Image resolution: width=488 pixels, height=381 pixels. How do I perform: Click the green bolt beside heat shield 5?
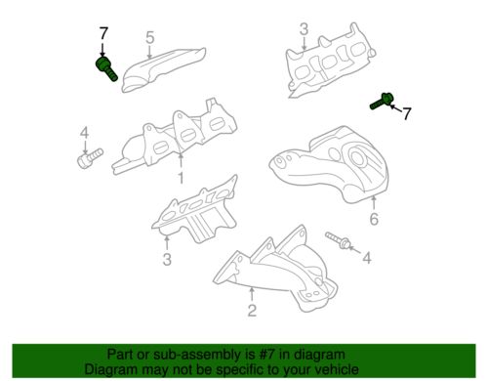pos(105,68)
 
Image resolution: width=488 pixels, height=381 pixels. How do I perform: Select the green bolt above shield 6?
pos(382,100)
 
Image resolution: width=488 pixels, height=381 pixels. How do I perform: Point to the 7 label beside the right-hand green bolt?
pos(407,114)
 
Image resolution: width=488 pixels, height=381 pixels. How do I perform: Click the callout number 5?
pos(149,38)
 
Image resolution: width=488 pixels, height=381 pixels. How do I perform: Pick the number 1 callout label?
pos(181,178)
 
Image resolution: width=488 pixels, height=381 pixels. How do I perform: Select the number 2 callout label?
pos(251,312)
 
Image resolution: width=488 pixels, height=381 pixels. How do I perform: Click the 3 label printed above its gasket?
pos(304,29)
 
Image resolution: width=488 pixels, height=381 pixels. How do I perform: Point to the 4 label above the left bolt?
pos(84,132)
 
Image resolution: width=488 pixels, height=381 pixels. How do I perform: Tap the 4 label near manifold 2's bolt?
pos(367,258)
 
